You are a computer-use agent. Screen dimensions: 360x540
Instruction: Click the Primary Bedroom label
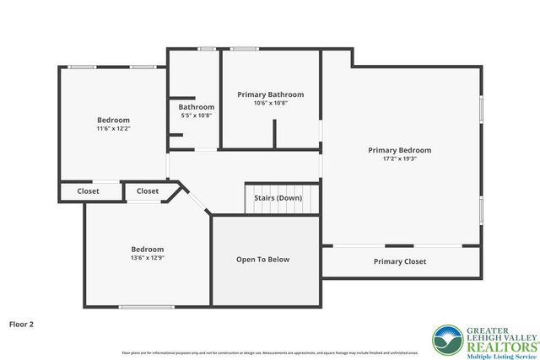click(399, 150)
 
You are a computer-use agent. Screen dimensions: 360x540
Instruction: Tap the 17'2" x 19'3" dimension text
click(399, 159)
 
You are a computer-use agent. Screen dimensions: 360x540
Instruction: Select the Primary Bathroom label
click(270, 94)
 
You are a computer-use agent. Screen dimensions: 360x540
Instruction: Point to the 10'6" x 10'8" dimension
click(270, 103)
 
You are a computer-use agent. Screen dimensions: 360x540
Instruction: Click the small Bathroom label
click(196, 107)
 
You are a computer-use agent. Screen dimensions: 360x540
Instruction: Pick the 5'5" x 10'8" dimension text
click(196, 116)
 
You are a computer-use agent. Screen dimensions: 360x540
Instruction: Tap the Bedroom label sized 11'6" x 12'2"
click(113, 120)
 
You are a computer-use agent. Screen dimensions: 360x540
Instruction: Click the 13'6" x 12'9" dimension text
click(147, 258)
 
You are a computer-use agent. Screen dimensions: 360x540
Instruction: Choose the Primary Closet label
click(399, 261)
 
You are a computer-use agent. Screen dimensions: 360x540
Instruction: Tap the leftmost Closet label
click(88, 191)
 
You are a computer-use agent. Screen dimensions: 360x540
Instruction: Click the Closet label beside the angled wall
click(148, 191)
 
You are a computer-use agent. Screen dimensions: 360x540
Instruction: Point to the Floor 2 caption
click(22, 323)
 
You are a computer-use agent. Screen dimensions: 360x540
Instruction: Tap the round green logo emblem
click(445, 340)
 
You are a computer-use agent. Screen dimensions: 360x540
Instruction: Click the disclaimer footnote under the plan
click(270, 352)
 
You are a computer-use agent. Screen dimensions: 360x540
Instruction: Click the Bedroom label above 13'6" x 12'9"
click(147, 249)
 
